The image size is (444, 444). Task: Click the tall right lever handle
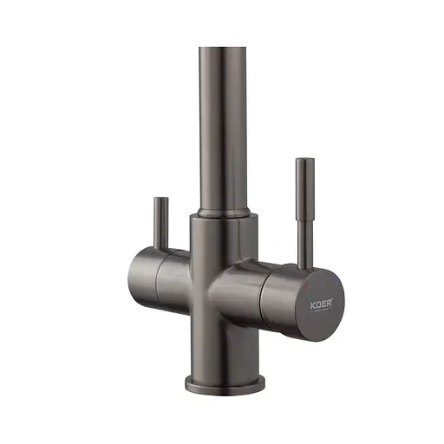304,208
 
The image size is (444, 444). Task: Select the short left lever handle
160,222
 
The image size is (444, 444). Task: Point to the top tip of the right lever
304,160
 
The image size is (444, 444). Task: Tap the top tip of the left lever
160,199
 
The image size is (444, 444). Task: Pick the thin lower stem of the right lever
304,238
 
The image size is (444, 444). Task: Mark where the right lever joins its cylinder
304,264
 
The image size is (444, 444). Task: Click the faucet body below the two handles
222,347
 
